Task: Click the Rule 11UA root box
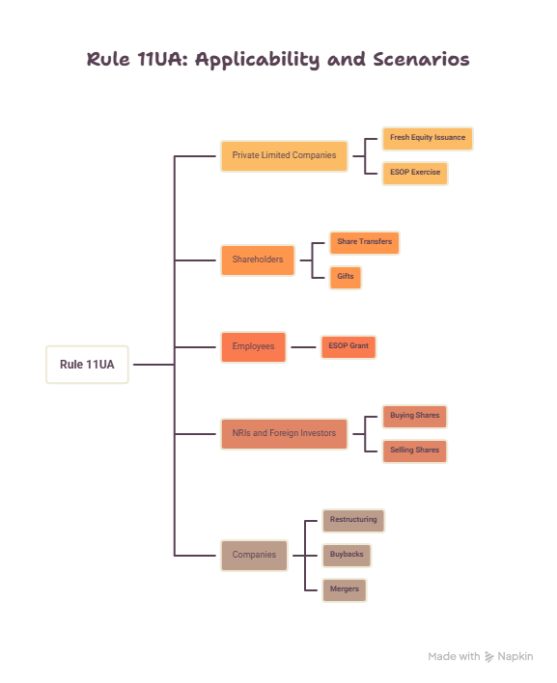87,365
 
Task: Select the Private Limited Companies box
284,155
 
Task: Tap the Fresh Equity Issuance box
428,139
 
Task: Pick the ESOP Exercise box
415,174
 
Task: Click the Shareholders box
258,260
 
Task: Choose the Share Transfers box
364,243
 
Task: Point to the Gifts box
346,278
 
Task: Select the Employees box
253,346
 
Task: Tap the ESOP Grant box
348,346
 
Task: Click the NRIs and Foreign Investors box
284,434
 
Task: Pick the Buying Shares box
415,417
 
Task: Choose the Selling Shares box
415,451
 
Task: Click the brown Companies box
254,556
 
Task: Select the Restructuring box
353,521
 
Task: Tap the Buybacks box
347,556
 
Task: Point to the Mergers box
345,590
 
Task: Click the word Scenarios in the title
421,59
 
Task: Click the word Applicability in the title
257,60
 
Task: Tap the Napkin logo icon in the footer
489,656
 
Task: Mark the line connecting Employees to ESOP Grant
303,347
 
